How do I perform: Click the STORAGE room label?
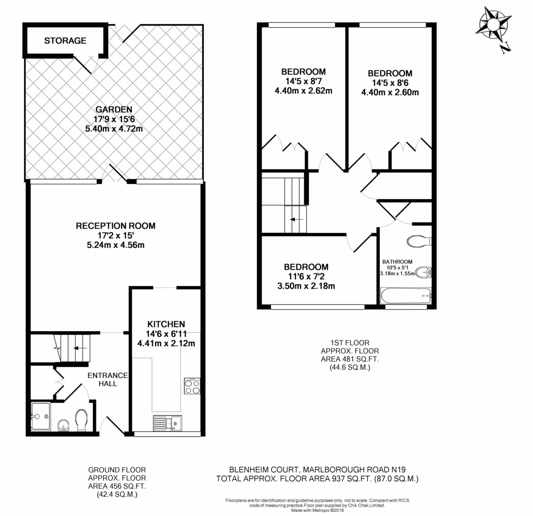(65, 40)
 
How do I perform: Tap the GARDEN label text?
(114, 109)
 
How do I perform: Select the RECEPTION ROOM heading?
(115, 226)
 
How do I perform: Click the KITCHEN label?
(166, 324)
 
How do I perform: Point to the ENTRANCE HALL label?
(107, 379)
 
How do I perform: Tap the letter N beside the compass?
(505, 48)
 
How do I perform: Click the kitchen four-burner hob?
(192, 386)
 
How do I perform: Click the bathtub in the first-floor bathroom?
(406, 295)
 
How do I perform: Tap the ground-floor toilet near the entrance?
(82, 420)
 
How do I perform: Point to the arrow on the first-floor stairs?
(296, 219)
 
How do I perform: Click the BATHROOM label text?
(397, 262)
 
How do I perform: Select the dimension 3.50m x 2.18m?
(306, 286)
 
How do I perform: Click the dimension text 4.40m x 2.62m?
(303, 91)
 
